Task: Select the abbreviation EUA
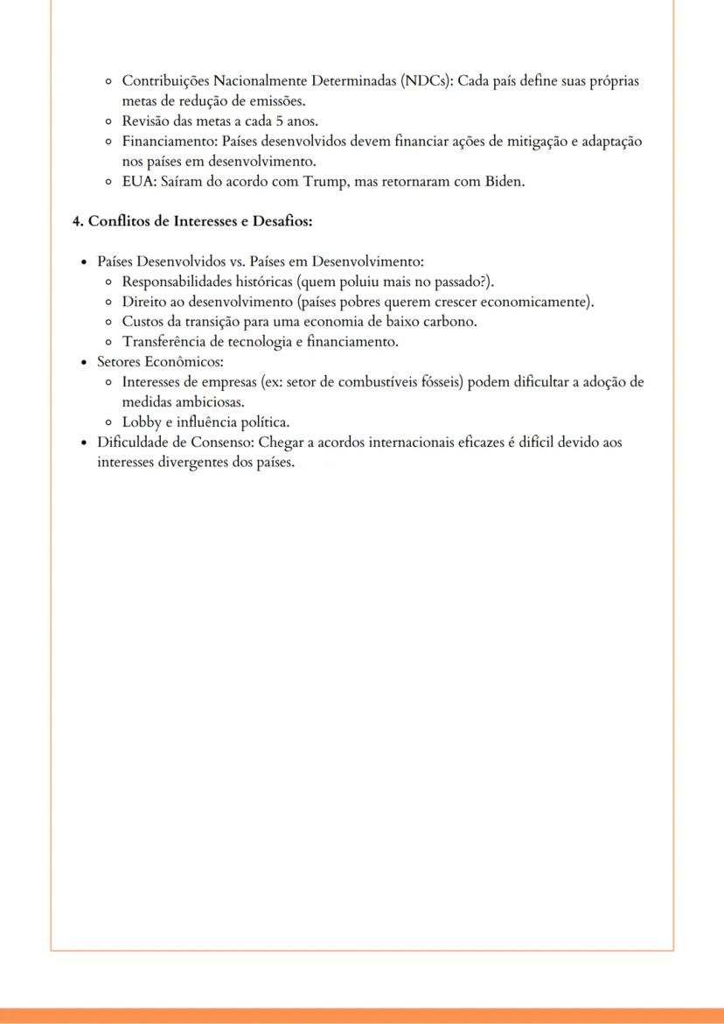(x=137, y=182)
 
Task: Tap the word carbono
(x=449, y=322)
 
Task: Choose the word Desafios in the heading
(x=282, y=221)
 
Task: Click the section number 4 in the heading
(x=77, y=221)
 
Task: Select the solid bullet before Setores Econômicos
(x=83, y=362)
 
